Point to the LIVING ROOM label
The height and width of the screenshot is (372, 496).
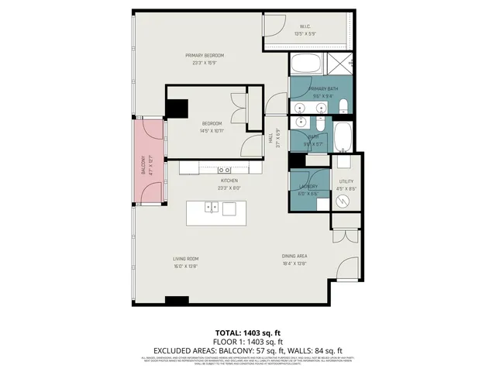click(x=186, y=259)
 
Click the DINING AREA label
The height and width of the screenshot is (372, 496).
click(x=295, y=256)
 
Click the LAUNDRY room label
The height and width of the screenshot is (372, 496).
click(x=308, y=186)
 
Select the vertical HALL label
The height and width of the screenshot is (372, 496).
click(x=270, y=137)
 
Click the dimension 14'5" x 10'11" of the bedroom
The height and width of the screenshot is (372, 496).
click(x=212, y=131)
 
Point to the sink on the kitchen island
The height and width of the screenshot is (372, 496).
click(x=210, y=207)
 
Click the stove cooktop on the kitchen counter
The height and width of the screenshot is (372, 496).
click(x=224, y=169)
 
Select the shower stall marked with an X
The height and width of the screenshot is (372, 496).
click(x=339, y=64)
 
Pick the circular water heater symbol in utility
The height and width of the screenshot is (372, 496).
click(x=344, y=200)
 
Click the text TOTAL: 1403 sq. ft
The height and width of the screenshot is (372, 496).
click(x=247, y=332)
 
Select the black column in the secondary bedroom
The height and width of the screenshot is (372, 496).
click(x=178, y=109)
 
